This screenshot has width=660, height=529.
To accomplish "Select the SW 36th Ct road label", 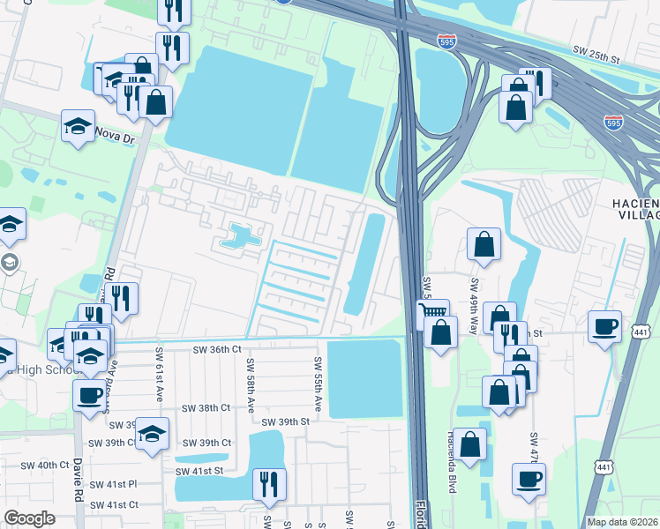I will (x=217, y=350).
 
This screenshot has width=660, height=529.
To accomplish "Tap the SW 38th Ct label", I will (x=206, y=408).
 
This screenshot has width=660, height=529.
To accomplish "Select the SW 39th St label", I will (x=286, y=421).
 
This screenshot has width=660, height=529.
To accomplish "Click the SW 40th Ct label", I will (x=44, y=465).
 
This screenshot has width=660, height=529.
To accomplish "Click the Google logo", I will (x=30, y=518).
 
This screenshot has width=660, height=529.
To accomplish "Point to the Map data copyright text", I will (x=621, y=522).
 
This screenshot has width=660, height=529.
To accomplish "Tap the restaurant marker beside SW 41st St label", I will (x=268, y=484).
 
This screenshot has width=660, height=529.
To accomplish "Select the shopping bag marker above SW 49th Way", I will (x=484, y=244).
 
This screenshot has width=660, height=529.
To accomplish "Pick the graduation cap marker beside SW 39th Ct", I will (x=152, y=434).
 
